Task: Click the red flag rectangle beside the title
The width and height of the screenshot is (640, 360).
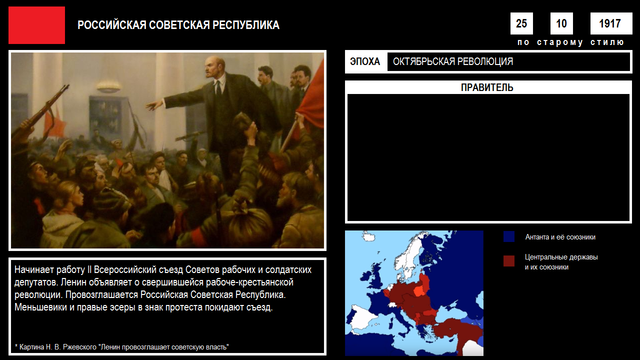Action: coord(36,25)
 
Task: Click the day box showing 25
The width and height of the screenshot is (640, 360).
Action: coord(521,23)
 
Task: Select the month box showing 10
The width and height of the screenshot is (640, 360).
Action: coord(561,23)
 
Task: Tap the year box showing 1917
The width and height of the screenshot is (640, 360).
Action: coord(611,23)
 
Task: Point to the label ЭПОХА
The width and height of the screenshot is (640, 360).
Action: coord(365,61)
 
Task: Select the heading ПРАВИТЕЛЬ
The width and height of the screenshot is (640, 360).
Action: coord(487,87)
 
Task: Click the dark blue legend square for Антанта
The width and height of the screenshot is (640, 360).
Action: coord(509,236)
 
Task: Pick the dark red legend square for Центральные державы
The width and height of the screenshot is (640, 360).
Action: coord(509,261)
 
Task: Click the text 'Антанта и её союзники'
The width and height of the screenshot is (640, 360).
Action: coord(560,237)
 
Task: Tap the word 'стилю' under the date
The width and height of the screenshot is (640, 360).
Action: coord(607,42)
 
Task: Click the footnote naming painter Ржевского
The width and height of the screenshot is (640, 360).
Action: coord(121,347)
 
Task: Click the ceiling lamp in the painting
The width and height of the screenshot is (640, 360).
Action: coord(108,85)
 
